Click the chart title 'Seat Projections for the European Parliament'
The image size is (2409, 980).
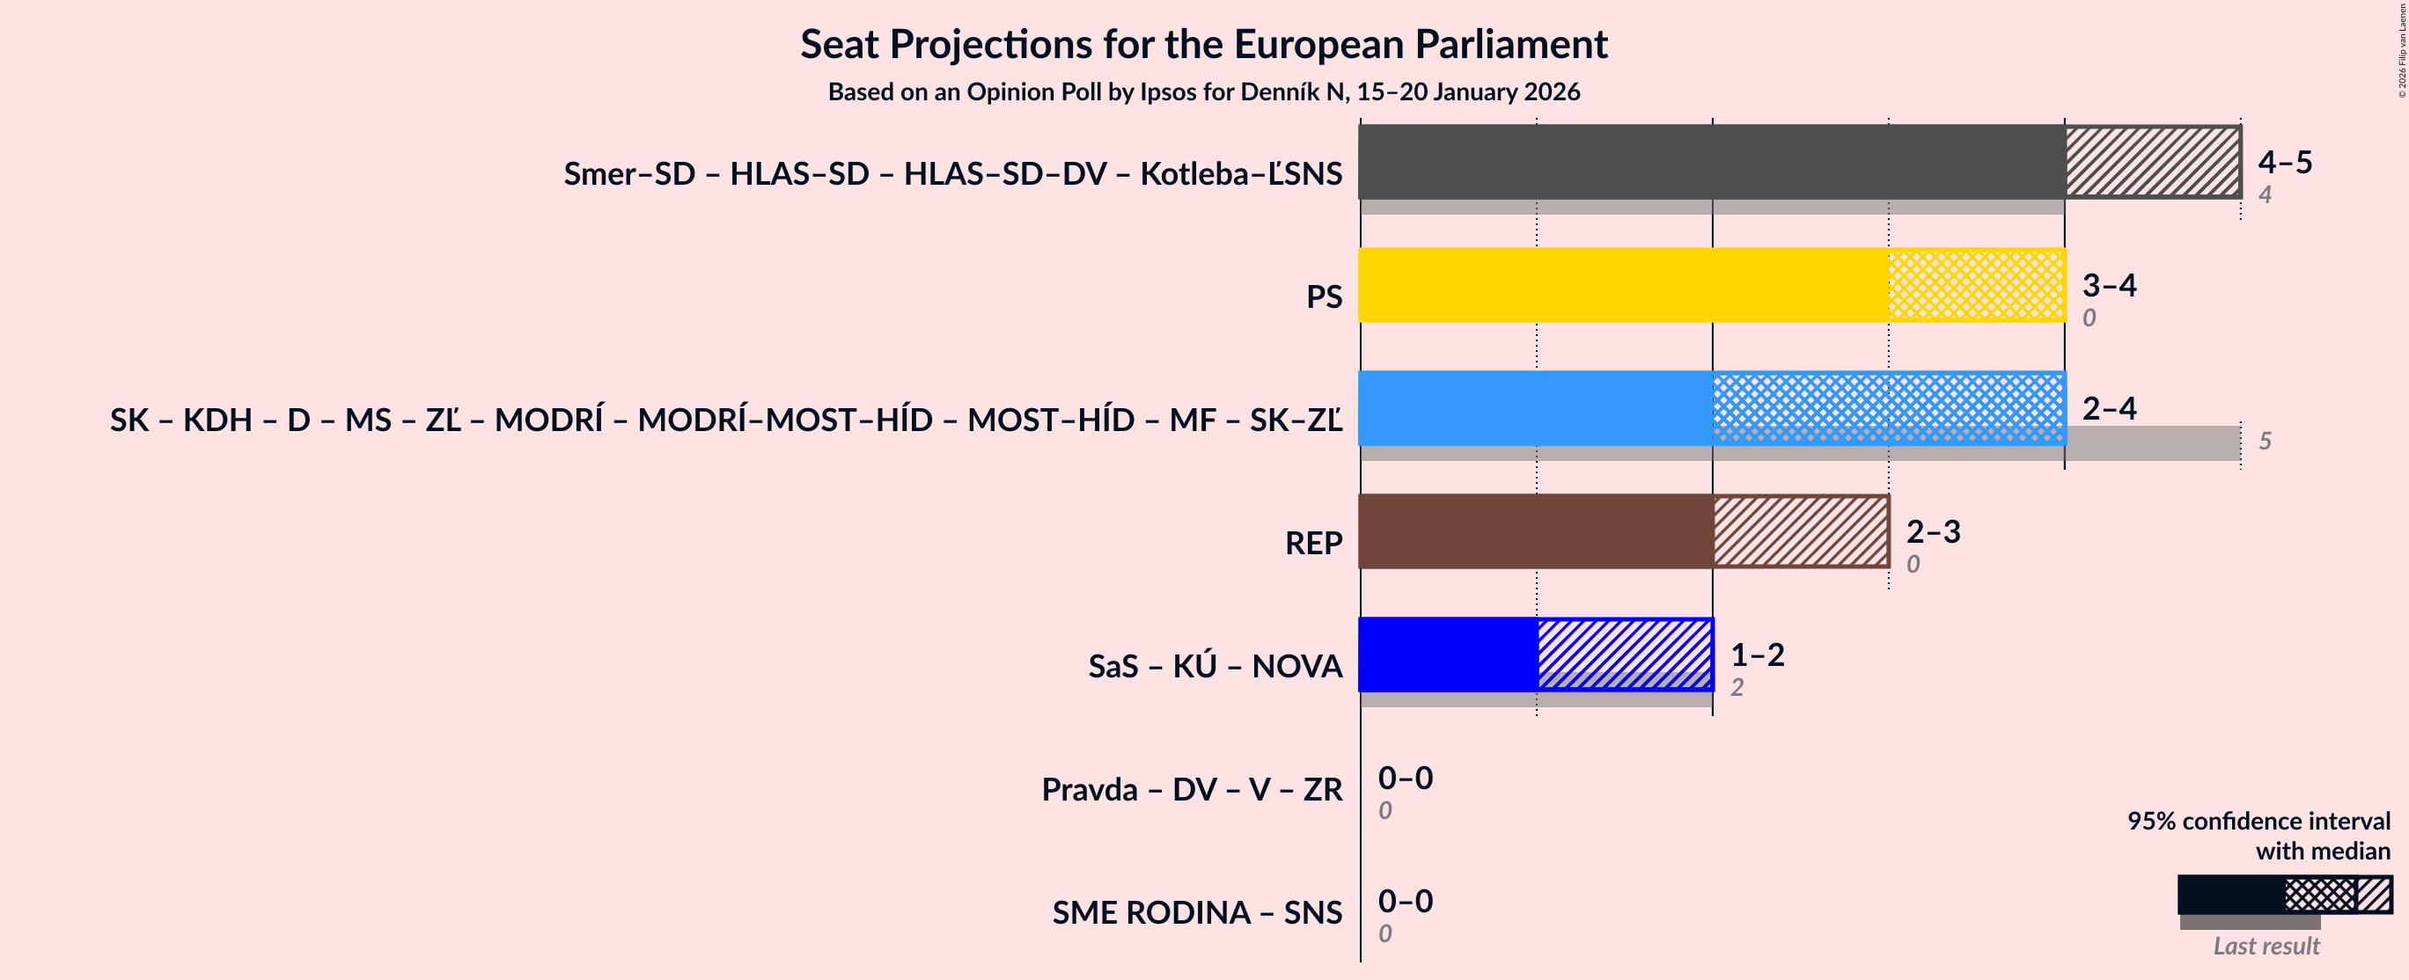pos(1203,44)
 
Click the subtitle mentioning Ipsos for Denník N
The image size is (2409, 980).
pos(1203,91)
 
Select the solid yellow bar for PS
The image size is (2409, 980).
pos(1622,285)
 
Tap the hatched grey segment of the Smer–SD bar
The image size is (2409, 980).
pos(2152,162)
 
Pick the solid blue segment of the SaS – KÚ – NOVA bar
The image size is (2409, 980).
pos(1448,654)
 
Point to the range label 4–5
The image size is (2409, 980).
pos(2285,162)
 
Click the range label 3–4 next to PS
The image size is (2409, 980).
pos(2109,284)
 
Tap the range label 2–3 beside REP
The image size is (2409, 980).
pos(1933,531)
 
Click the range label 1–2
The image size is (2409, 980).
pos(1757,654)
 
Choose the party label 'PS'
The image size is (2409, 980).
pos(1323,296)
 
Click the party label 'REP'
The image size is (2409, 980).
pos(1313,543)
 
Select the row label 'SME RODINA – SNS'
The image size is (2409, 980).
pos(1196,911)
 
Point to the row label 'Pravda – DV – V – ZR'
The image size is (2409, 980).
pos(1192,789)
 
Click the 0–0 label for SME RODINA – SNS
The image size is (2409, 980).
pos(1405,901)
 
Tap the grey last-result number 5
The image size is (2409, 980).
pos(2265,441)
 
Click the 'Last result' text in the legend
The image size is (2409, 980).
pos(2266,946)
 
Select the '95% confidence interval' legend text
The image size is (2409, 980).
pos(2258,820)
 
